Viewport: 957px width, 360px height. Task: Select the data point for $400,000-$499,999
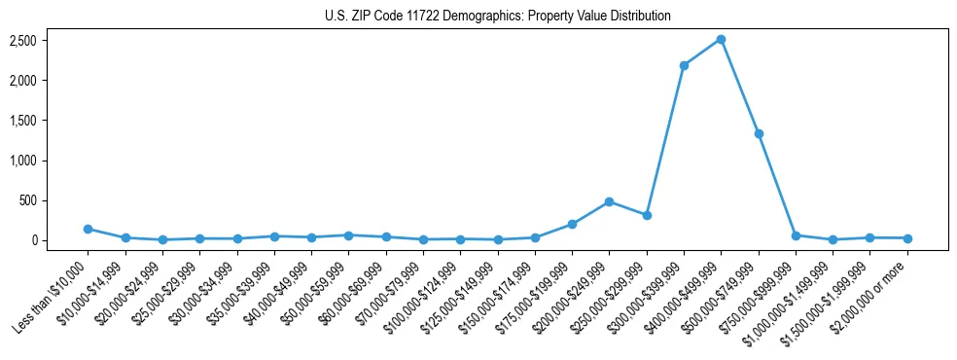click(721, 40)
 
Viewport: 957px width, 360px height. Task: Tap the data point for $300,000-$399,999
click(684, 65)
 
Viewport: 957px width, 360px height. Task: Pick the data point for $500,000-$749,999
click(759, 133)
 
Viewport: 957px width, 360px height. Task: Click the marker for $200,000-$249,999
click(609, 201)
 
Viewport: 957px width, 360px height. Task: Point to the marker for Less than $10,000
click(88, 229)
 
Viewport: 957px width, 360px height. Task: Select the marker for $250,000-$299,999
click(647, 215)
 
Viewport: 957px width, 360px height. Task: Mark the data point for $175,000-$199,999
click(572, 224)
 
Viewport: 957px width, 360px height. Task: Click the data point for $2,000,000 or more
click(907, 238)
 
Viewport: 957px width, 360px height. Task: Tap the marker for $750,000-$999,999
click(796, 235)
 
